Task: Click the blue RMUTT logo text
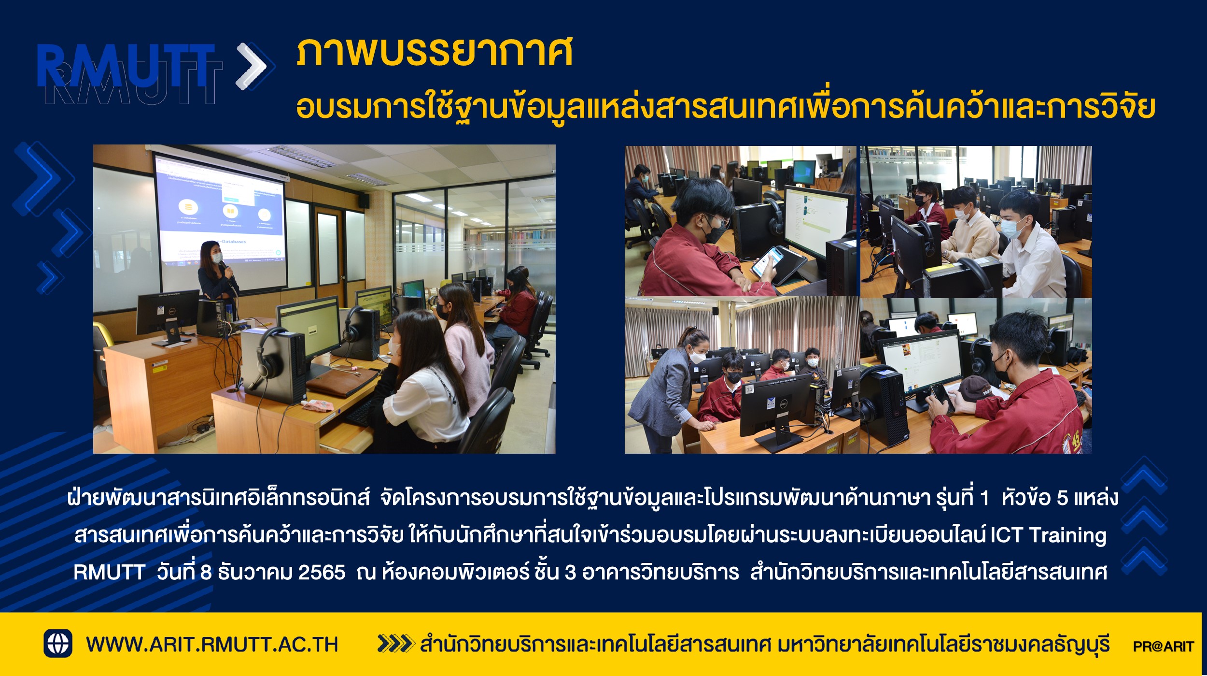tap(126, 66)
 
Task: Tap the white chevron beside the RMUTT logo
tap(252, 66)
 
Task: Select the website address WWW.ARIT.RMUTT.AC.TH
tap(212, 645)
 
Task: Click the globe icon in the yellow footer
tap(58, 644)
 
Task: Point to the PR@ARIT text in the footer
tap(1164, 646)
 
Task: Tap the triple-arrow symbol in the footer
tap(396, 644)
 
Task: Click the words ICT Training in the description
tap(1048, 535)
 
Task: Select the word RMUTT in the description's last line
tap(109, 573)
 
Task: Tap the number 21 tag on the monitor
tap(750, 389)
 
